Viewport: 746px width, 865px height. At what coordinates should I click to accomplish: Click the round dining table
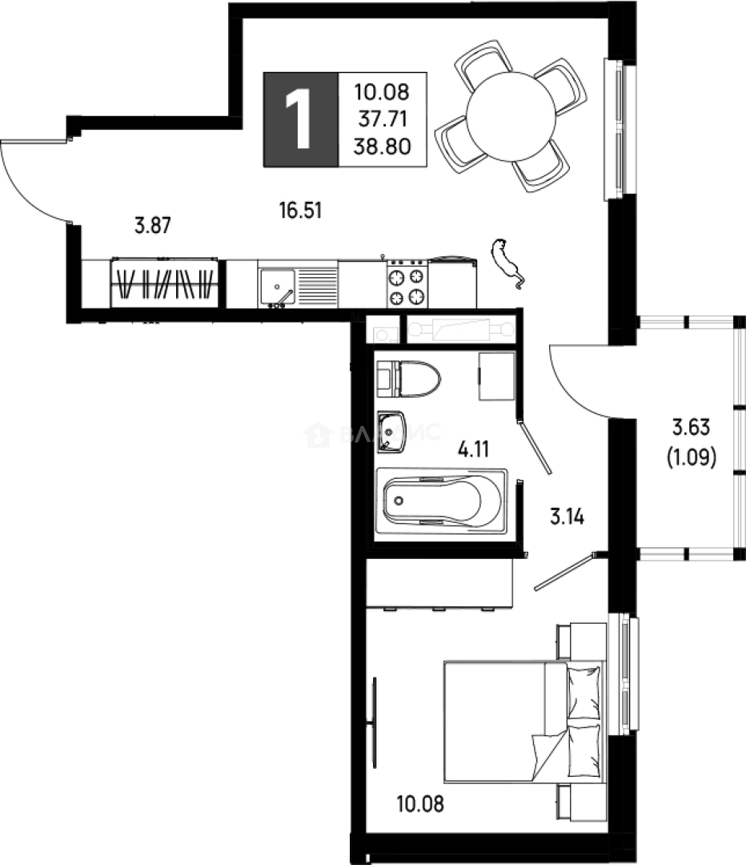point(511,116)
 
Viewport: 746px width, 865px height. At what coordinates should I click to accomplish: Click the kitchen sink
point(277,285)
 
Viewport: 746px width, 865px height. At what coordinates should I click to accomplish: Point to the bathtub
point(440,501)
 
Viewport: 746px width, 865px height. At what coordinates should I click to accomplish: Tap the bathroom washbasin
point(392,431)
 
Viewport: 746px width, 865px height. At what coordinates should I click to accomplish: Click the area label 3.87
point(152,226)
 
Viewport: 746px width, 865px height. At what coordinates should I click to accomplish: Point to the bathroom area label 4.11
point(473,448)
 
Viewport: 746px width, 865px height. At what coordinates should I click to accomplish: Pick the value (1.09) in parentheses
point(691,458)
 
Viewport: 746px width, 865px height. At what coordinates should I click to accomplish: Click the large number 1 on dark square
point(301,119)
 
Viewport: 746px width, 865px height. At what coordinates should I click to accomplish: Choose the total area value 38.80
point(382,146)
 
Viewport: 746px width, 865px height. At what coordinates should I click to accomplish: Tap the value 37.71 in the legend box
point(382,119)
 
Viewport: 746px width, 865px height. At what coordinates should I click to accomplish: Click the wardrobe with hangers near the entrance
point(164,284)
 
